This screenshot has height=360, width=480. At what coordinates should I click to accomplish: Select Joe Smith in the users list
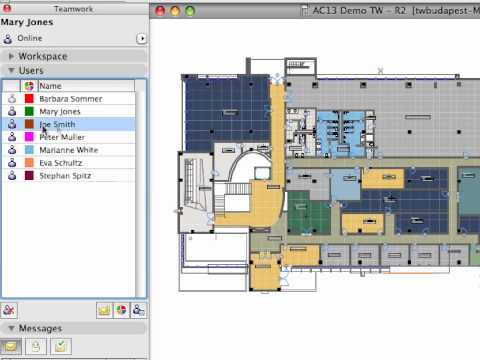[x=57, y=125]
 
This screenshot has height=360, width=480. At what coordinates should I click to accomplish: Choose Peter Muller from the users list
[x=61, y=137]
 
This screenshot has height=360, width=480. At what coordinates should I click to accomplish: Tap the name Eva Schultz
[x=60, y=162]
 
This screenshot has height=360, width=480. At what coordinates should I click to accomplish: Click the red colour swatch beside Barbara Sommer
[x=29, y=99]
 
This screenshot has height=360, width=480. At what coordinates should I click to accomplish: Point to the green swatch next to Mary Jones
[x=29, y=112]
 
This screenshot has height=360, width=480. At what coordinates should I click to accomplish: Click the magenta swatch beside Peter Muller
[x=29, y=137]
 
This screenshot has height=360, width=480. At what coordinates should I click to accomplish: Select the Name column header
[x=50, y=86]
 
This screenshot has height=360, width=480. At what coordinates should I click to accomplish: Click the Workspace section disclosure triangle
[x=10, y=57]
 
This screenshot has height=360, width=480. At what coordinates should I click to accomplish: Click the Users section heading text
[x=30, y=71]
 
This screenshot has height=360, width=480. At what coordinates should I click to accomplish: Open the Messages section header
[x=40, y=328]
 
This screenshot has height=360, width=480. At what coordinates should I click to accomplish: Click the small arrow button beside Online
[x=141, y=38]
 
